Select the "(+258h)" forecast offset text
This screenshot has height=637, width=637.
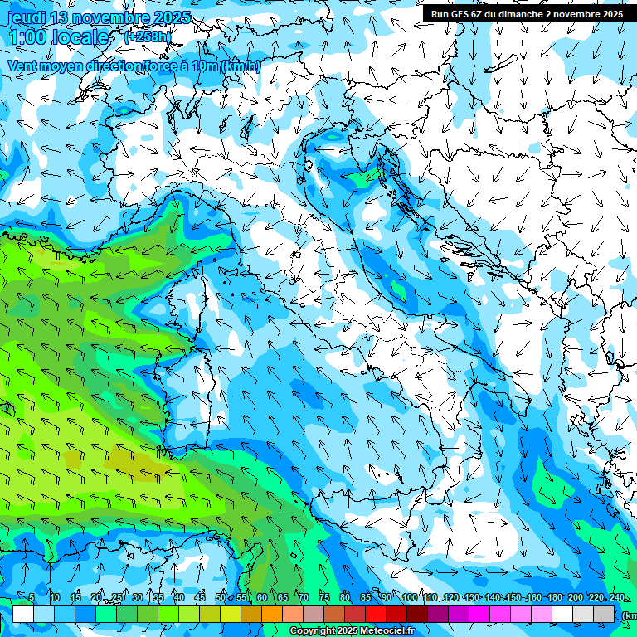[x=148, y=37]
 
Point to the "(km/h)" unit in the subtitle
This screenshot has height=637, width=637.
[x=241, y=66]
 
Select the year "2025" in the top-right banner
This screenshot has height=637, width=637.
[x=610, y=14]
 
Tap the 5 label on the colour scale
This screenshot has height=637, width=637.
[x=32, y=597]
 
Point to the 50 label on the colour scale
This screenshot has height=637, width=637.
[x=221, y=597]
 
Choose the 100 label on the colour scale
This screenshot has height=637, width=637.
[x=409, y=597]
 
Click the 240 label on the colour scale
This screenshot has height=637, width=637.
[x=616, y=597]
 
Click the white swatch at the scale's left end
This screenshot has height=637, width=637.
[x=23, y=614]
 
